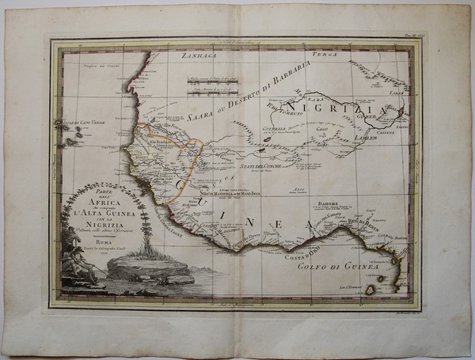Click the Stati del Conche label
click(x=262, y=166)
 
